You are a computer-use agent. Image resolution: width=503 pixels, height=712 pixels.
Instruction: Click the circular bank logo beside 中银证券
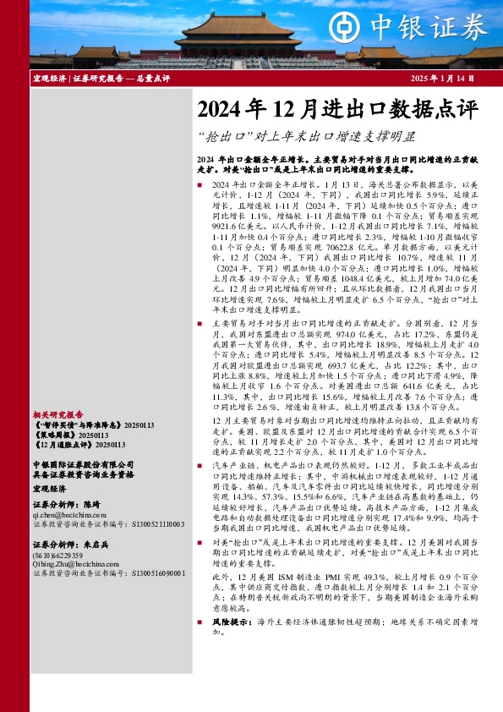(x=347, y=28)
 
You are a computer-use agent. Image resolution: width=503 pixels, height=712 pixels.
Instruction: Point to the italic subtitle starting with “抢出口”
(x=306, y=134)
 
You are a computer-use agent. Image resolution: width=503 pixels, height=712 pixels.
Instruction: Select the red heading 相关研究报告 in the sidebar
(x=57, y=414)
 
